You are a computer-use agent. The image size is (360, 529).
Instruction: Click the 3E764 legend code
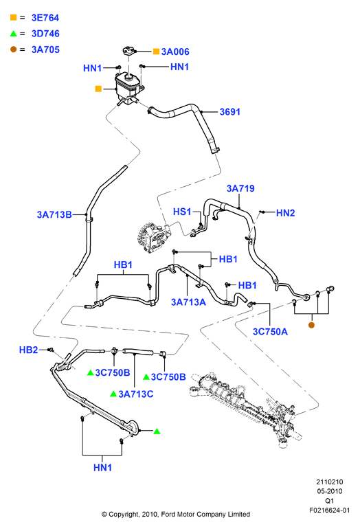point(45,18)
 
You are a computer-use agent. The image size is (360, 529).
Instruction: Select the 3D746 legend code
point(45,34)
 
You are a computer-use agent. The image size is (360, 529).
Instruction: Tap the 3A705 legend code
point(45,49)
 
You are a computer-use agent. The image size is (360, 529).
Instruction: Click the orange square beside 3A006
point(156,52)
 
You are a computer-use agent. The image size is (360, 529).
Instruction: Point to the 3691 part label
point(229,112)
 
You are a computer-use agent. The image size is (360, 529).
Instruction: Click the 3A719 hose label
point(240,188)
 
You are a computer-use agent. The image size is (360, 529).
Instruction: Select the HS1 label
point(182,212)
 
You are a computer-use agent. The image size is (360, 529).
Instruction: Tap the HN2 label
point(285,213)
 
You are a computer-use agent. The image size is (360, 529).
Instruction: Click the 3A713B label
point(54,214)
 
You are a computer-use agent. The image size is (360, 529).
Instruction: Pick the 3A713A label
point(188,302)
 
